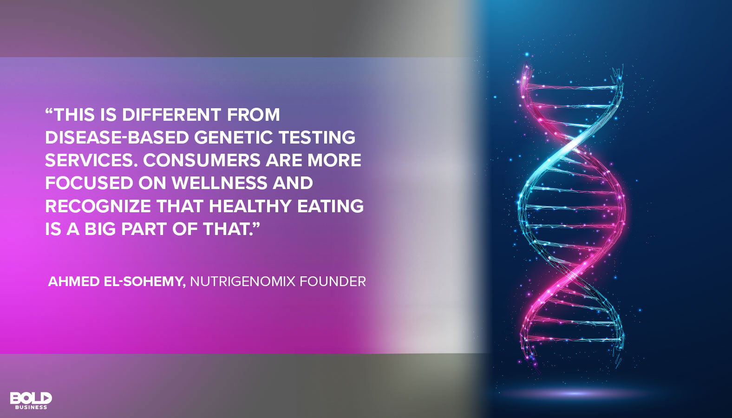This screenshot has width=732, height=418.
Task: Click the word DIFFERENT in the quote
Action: [171, 115]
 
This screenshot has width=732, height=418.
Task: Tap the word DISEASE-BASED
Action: [117, 137]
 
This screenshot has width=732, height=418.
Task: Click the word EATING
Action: [330, 206]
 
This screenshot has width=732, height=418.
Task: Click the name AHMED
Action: [74, 281]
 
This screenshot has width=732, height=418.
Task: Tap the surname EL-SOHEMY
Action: [144, 281]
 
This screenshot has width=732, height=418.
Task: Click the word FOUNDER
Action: [333, 281]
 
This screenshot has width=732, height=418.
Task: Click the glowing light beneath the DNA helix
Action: [574, 394]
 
